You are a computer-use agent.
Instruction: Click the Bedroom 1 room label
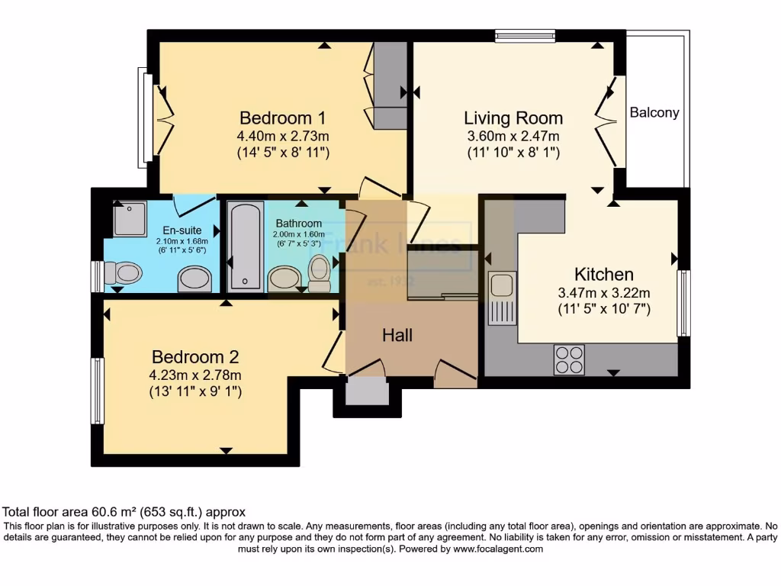(283, 118)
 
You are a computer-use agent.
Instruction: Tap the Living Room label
(513, 118)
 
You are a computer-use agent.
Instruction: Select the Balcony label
(654, 113)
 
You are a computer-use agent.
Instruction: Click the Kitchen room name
(604, 275)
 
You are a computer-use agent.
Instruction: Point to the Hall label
(397, 335)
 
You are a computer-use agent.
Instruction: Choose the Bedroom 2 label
(196, 356)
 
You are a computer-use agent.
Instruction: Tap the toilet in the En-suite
(124, 272)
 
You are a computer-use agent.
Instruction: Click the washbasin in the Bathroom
(284, 278)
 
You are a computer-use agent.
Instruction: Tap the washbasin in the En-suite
(194, 279)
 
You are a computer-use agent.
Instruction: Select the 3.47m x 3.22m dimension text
(603, 293)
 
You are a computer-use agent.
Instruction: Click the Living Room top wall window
(525, 35)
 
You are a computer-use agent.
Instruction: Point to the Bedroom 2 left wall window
(98, 391)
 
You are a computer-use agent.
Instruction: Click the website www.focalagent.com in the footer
(498, 549)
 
